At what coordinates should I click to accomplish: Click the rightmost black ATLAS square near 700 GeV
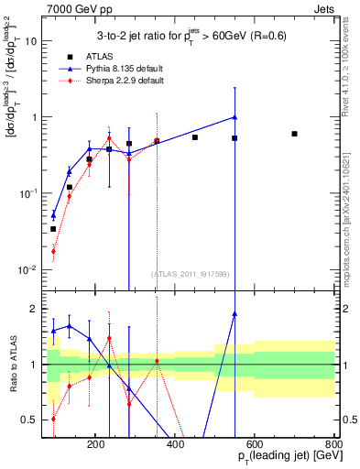294,134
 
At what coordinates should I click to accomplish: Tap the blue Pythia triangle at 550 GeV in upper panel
235,117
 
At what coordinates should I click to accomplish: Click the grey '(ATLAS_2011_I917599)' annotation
190,274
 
